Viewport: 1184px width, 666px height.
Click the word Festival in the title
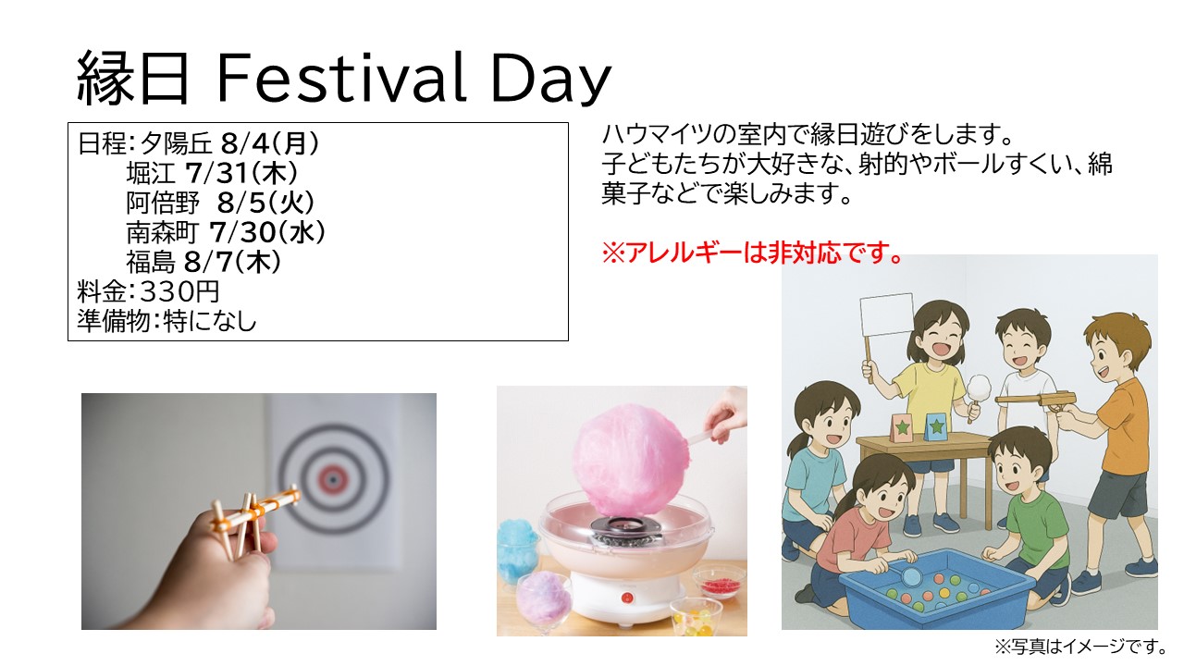341,79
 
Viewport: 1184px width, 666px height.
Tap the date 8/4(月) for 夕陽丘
270,142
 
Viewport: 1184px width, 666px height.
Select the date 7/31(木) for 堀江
241,172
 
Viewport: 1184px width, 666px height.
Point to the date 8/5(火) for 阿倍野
265,202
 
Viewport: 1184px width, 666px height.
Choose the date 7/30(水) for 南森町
267,231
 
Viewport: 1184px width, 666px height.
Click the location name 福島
150,262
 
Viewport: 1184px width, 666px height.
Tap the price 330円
179,291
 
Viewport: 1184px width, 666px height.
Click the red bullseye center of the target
333,479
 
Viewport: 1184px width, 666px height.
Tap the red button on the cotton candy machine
627,598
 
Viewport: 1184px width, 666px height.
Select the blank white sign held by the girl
886,314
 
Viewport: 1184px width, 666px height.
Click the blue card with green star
936,426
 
